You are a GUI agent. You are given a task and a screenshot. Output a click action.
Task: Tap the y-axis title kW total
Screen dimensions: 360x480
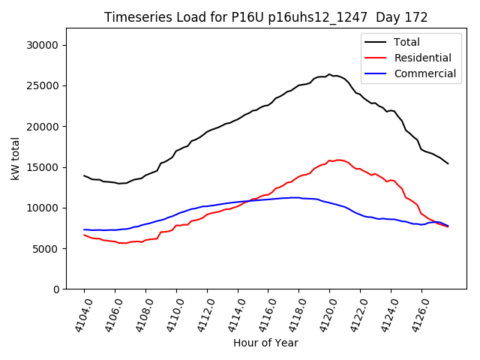pos(15,158)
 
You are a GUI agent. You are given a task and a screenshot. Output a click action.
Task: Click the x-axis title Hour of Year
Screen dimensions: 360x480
pos(265,343)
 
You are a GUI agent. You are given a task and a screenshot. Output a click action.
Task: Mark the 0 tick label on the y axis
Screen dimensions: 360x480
pos(55,289)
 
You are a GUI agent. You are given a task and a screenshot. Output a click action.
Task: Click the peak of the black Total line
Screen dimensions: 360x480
pos(329,74)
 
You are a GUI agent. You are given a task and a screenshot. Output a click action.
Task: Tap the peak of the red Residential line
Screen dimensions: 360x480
pos(338,160)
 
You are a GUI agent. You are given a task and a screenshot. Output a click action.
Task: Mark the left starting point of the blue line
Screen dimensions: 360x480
pos(84,229)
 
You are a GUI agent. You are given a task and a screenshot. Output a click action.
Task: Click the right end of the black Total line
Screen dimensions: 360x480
pos(448,163)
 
